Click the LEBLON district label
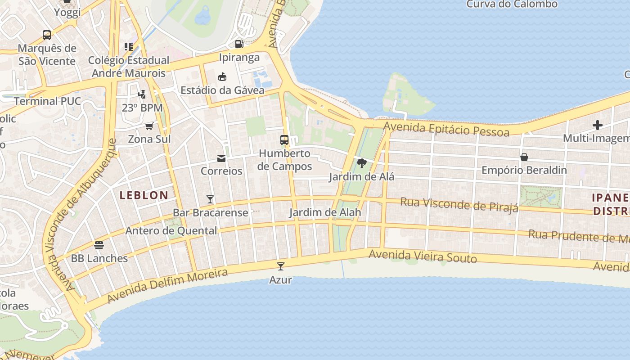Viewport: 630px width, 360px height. [144, 195]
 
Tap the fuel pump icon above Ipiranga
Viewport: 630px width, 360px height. [239, 44]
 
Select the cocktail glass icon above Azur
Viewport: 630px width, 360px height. [281, 266]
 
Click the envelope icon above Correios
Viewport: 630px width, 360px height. [221, 158]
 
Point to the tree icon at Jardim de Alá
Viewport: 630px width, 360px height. [361, 163]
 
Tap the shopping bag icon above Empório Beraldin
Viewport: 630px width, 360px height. [524, 157]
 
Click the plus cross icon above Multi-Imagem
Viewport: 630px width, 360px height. [598, 125]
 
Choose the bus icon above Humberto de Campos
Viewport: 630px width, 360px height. [284, 140]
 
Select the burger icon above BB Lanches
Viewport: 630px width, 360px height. [99, 245]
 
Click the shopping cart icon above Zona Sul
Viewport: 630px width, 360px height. [149, 126]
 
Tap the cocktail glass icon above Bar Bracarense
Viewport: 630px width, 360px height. [210, 199]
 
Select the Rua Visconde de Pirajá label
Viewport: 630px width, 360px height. [459, 204]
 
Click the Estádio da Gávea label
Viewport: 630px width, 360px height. [222, 90]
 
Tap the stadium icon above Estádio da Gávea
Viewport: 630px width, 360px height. [222, 77]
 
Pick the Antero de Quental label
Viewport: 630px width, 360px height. [171, 231]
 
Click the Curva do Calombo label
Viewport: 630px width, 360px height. [512, 4]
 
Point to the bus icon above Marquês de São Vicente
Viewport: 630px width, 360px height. [47, 35]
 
